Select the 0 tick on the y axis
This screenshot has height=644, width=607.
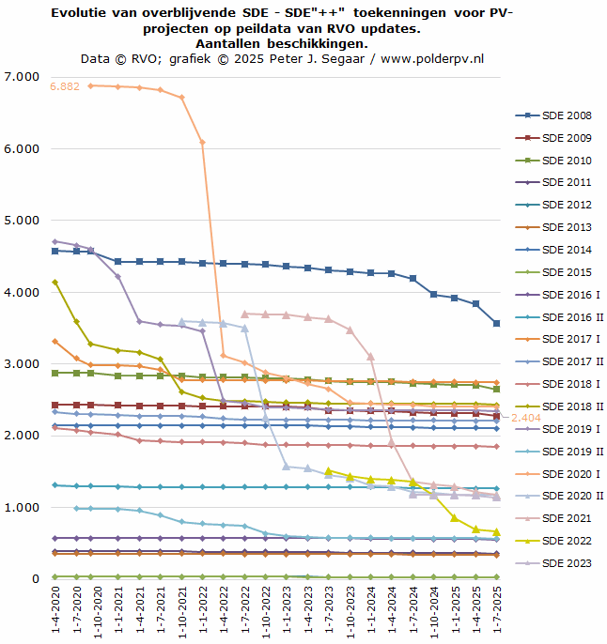coord(34,579)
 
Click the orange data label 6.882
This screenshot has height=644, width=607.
coord(65,86)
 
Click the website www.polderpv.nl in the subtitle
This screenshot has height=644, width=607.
coord(433,58)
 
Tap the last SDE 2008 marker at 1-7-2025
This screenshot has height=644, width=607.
coord(496,323)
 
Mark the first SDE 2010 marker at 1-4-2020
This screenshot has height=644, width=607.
coord(55,373)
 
